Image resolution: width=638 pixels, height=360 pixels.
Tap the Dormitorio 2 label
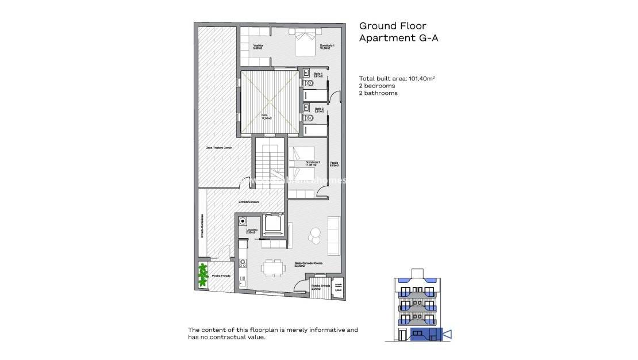[x=312, y=163]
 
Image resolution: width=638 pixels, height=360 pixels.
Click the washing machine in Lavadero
[x=243, y=221]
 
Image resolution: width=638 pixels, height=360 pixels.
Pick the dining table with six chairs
[x=272, y=267]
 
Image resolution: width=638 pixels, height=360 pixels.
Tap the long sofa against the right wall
[x=333, y=236]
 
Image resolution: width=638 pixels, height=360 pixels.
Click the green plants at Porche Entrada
[x=203, y=274]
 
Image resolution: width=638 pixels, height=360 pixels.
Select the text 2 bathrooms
[x=378, y=93]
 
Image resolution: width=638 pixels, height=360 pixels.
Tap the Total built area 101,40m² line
[x=397, y=79]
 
